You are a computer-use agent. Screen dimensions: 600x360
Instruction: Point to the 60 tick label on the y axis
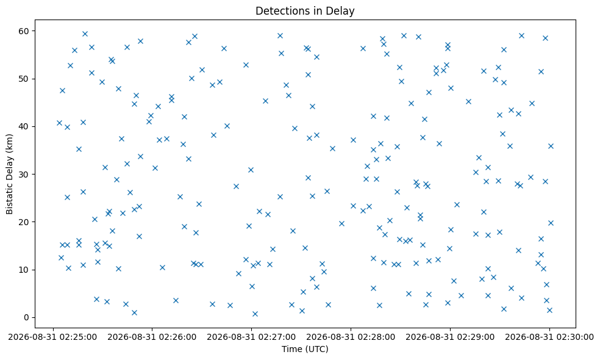pos(26,31)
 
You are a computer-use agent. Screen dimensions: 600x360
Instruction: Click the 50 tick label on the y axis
pos(26,79)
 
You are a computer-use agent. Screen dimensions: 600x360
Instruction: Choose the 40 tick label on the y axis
pos(26,126)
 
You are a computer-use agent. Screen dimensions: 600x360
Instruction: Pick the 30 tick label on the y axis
pos(26,175)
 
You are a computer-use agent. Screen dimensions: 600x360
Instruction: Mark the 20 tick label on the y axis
pos(26,221)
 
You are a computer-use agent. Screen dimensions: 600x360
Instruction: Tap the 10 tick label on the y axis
pos(26,270)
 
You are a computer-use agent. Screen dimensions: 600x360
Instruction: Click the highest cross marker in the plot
pos(85,34)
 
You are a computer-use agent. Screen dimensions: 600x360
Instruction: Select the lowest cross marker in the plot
pos(255,314)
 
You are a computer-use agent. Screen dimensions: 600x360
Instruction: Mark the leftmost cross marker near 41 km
pos(59,123)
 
